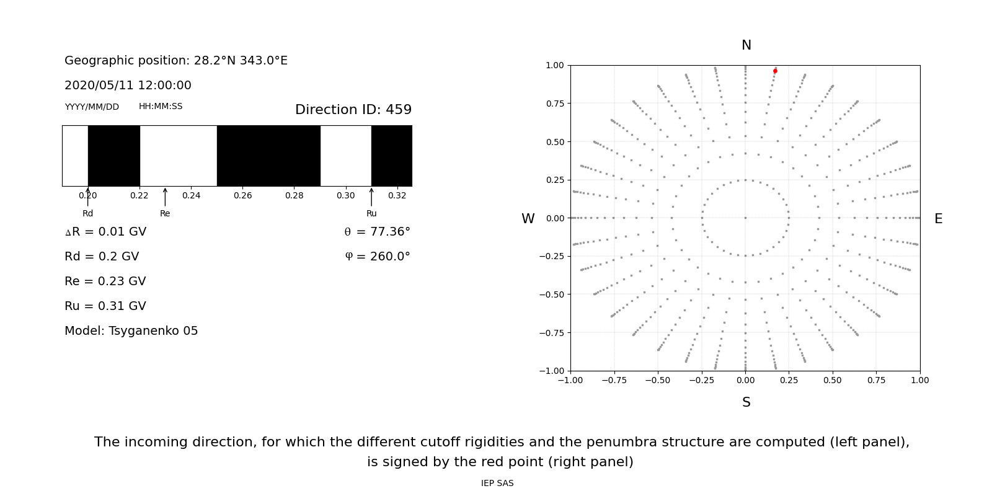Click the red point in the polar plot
[x=775, y=71]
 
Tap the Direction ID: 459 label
[x=353, y=110]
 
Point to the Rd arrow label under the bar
[x=87, y=213]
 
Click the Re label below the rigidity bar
[x=165, y=213]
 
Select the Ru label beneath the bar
[x=371, y=213]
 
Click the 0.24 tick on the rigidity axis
[x=191, y=195]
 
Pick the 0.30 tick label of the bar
[x=346, y=195]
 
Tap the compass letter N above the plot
[x=746, y=45]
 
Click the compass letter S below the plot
[x=746, y=402]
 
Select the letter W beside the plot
[x=528, y=219]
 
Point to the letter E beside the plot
[x=938, y=219]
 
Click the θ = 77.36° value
[x=377, y=232]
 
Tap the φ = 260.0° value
[x=377, y=257]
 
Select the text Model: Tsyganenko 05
[x=131, y=331]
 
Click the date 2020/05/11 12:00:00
[x=128, y=86]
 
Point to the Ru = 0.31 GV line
[x=105, y=306]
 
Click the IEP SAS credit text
[x=497, y=484]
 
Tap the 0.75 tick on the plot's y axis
[x=554, y=104]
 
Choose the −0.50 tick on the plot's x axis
[x=658, y=380]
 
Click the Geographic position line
[x=176, y=61]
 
